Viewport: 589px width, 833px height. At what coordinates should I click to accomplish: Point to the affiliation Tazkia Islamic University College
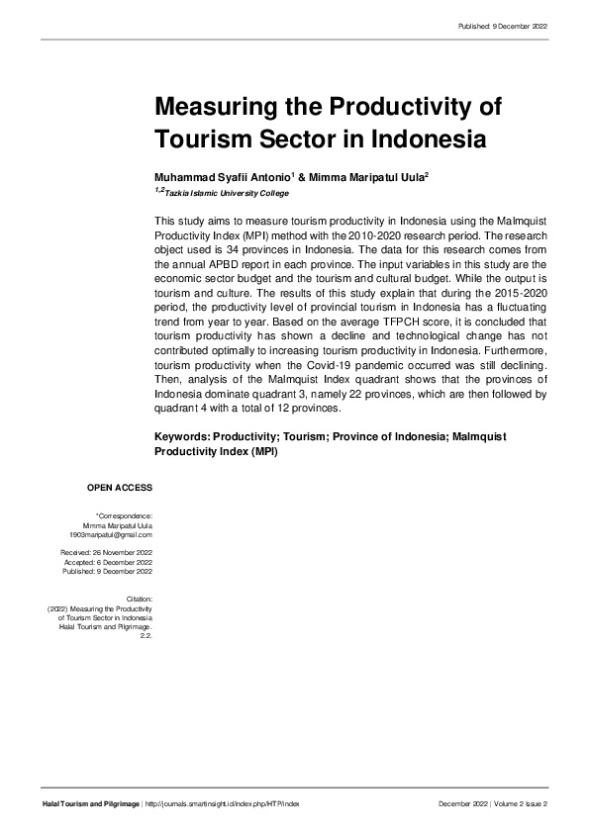(227, 193)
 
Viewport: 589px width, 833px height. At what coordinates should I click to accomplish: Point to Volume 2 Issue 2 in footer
(521, 804)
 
